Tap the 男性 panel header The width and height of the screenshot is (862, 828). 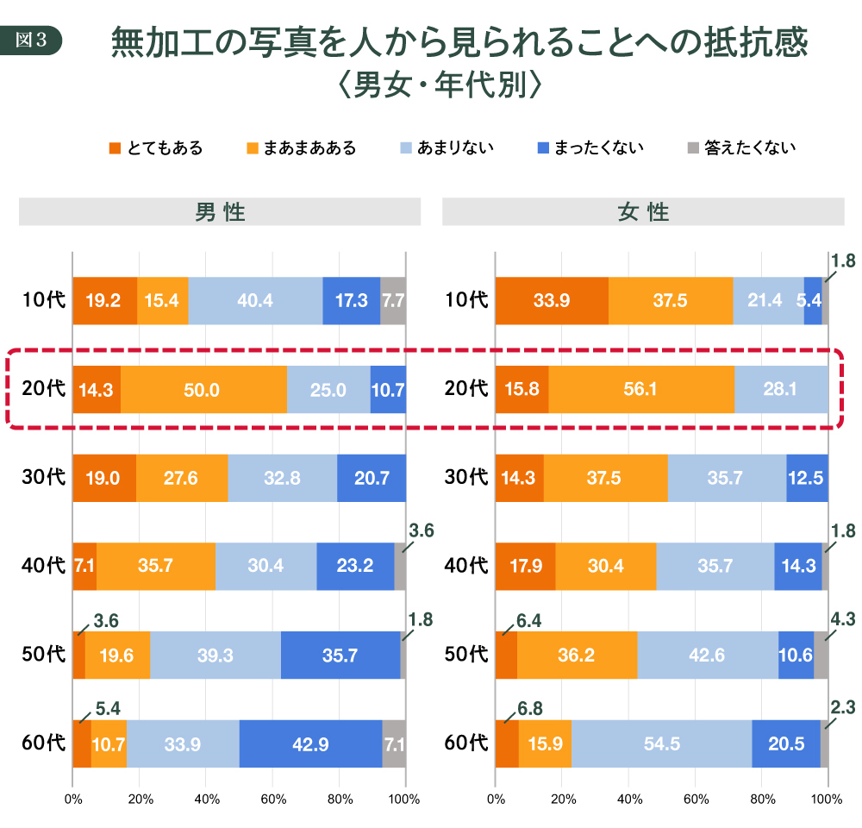coord(220,212)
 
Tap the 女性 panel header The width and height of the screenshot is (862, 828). coord(643,212)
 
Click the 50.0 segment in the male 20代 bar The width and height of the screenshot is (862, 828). coord(203,390)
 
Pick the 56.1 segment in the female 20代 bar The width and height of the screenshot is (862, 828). coord(640,390)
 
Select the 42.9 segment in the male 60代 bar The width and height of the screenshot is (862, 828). coord(310,743)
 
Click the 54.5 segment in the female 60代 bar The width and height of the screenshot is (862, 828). coord(661,743)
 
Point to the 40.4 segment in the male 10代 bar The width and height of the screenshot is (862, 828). coord(255,301)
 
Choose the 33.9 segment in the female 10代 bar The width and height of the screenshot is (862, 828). coord(552,301)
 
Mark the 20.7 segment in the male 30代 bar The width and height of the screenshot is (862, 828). coord(372,478)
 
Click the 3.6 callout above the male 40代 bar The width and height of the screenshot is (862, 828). coord(421,531)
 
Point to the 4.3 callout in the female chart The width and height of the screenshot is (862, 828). coord(842,619)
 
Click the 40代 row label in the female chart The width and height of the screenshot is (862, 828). coord(466,567)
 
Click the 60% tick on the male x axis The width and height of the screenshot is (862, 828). coord(272,799)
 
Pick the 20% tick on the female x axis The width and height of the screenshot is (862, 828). coord(562,799)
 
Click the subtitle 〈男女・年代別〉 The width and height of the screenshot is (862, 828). coord(439,85)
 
